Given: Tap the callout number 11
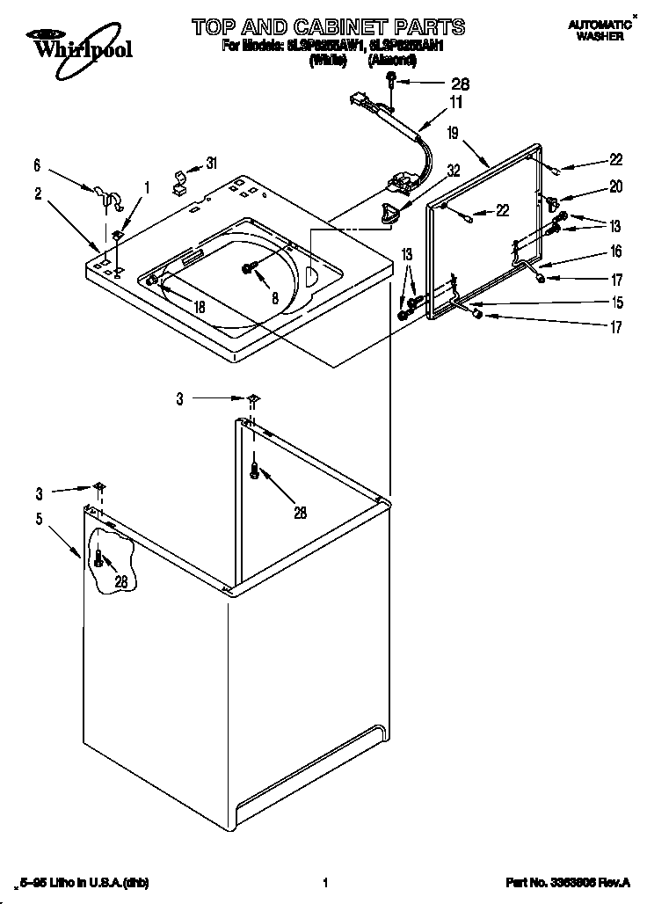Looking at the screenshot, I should [x=455, y=102].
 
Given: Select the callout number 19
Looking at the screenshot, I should [x=452, y=134].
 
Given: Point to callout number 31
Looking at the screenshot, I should [x=210, y=162].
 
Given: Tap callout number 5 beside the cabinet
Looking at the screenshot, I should [x=39, y=519].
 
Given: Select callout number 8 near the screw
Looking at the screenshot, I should [x=275, y=299].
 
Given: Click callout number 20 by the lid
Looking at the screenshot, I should [x=615, y=186].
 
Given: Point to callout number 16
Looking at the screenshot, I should [x=615, y=252].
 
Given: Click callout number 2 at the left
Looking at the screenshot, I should [x=39, y=194].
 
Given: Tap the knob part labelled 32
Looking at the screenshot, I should [x=388, y=212].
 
